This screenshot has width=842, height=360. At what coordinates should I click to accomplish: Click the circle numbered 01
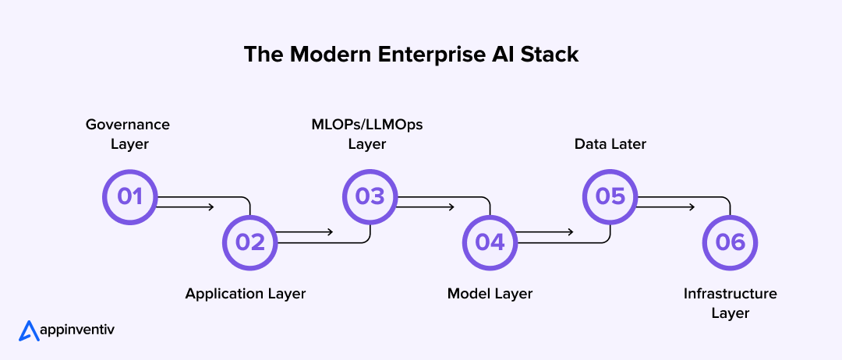tap(130, 196)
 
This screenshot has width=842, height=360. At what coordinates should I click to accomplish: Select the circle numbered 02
tap(250, 242)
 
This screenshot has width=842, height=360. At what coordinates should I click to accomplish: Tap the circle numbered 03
tap(370, 196)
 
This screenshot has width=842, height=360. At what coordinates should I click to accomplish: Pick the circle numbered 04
tap(490, 242)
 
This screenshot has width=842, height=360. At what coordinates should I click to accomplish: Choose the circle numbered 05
tap(610, 196)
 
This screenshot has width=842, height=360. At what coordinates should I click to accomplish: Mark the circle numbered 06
tap(731, 242)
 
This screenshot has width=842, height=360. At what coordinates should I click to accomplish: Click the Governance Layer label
tap(128, 134)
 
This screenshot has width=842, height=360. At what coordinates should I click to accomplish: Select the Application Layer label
tap(246, 294)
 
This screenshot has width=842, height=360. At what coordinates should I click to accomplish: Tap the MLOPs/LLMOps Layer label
tap(367, 134)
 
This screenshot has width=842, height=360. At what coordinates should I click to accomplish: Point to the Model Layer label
tap(490, 294)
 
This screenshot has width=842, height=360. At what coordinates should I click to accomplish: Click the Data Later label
tap(610, 144)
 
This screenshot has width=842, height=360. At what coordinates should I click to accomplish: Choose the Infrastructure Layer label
tap(731, 303)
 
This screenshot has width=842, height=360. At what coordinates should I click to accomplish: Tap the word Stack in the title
tap(553, 55)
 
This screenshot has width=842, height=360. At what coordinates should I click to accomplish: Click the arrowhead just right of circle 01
tap(210, 207)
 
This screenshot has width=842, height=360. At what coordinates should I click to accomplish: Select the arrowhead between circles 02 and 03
tap(331, 231)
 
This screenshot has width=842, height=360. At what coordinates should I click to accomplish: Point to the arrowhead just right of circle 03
tap(451, 207)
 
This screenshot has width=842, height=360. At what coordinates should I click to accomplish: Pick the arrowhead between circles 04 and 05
tap(571, 231)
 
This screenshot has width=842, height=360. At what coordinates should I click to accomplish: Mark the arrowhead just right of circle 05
tap(691, 207)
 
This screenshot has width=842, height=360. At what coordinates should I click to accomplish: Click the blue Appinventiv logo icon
tap(29, 330)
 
